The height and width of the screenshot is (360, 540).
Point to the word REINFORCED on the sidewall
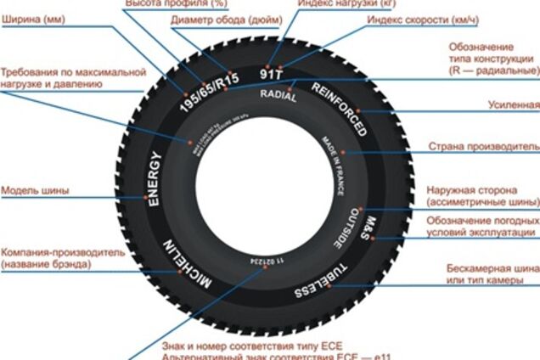click(x=340, y=110)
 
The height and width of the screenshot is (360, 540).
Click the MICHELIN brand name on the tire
click(x=190, y=266)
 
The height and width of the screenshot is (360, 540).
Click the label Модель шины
click(x=35, y=190)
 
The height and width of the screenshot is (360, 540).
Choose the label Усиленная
click(x=514, y=104)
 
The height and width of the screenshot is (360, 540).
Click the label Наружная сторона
click(x=480, y=191)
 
